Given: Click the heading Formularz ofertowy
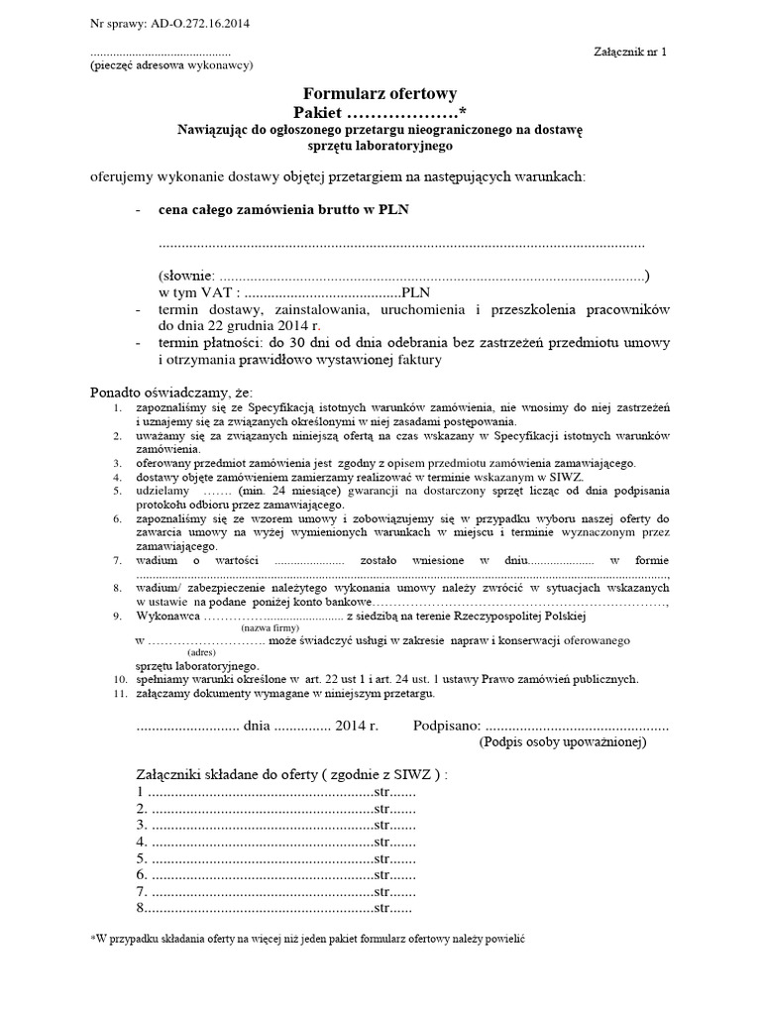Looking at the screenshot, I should (x=380, y=93).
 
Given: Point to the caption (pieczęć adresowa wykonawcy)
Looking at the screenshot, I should (x=170, y=66).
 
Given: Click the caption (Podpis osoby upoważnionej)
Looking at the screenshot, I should (x=562, y=741).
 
